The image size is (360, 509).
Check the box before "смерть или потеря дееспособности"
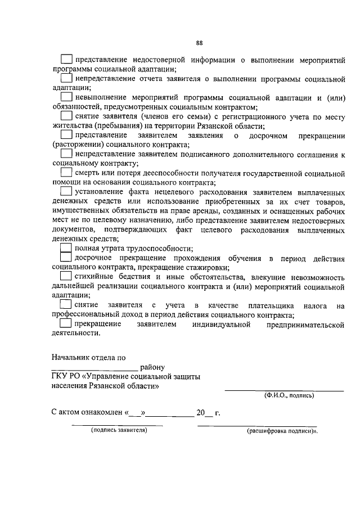click(66, 172)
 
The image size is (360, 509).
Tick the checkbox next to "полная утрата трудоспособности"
click(66, 248)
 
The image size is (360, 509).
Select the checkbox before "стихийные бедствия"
click(66, 276)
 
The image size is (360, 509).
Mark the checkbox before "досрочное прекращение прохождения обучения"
click(66, 258)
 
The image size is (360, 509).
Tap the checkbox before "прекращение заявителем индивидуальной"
click(66, 324)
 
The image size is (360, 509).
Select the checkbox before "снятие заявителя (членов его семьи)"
click(66, 115)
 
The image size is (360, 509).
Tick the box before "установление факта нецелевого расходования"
click(66, 192)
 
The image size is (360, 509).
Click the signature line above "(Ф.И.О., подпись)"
click(284, 390)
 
